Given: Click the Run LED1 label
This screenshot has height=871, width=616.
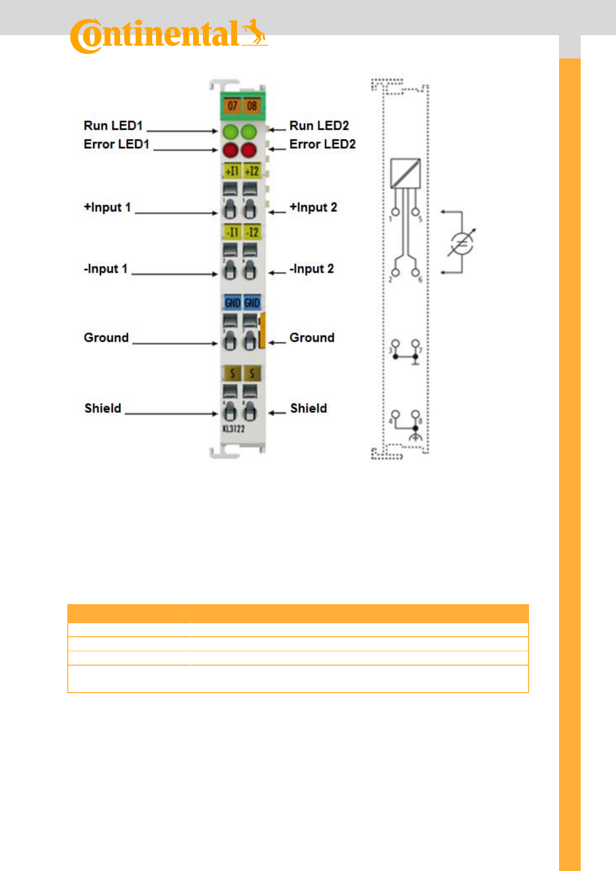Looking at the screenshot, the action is [x=113, y=126].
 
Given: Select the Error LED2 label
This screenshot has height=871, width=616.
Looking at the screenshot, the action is [x=322, y=144].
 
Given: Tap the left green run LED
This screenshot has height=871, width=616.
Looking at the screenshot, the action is [x=230, y=132].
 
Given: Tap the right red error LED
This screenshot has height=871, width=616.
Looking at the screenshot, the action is [x=249, y=151].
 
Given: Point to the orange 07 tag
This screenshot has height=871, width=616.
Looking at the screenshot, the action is [x=232, y=106].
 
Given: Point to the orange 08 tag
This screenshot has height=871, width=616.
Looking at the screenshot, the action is [x=252, y=106].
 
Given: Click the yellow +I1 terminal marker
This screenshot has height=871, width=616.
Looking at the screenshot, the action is [x=232, y=171].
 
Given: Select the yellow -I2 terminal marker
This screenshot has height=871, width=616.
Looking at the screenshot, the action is [x=252, y=232].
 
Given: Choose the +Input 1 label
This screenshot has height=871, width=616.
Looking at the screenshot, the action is [x=107, y=207].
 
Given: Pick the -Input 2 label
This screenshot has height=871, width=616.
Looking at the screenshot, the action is [x=311, y=269].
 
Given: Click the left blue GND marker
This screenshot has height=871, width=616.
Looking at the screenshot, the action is [x=232, y=303].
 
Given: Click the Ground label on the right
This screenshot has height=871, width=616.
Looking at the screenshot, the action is [x=312, y=338].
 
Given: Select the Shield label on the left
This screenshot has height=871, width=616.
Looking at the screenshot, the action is [x=102, y=408].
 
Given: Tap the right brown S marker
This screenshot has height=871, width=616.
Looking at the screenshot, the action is [x=252, y=373].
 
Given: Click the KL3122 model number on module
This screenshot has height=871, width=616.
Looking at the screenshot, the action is [x=233, y=429].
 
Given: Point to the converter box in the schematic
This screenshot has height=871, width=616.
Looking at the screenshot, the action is [x=405, y=173].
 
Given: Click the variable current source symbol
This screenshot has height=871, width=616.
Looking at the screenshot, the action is [x=460, y=244].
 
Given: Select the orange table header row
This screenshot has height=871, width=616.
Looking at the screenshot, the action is [x=298, y=613].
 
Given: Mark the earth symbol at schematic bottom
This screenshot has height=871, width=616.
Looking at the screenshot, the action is [x=415, y=438].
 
